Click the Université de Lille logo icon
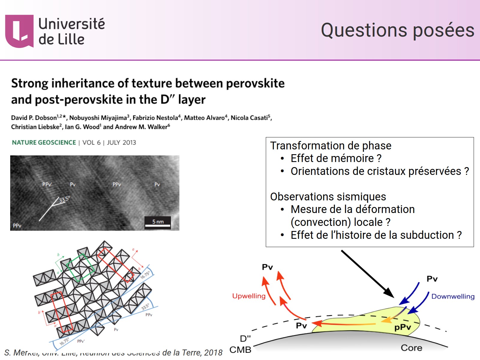[x=19, y=31]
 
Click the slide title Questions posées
[x=397, y=30]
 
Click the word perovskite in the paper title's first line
[x=255, y=83]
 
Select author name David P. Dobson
[x=34, y=118]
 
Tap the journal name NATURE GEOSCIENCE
[x=44, y=142]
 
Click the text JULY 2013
[x=121, y=142]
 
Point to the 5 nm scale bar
[x=157, y=223]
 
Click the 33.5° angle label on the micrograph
[x=64, y=199]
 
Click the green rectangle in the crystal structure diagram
[x=80, y=268]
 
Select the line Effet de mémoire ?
[x=336, y=158]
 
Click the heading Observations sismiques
[x=328, y=196]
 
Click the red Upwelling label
[x=249, y=296]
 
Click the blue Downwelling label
[x=453, y=296]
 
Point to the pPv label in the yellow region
[x=402, y=327]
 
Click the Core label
[x=411, y=348]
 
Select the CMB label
[x=240, y=350]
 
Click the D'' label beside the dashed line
[x=245, y=338]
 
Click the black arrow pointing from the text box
[x=367, y=273]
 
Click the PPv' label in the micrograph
[x=47, y=184]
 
